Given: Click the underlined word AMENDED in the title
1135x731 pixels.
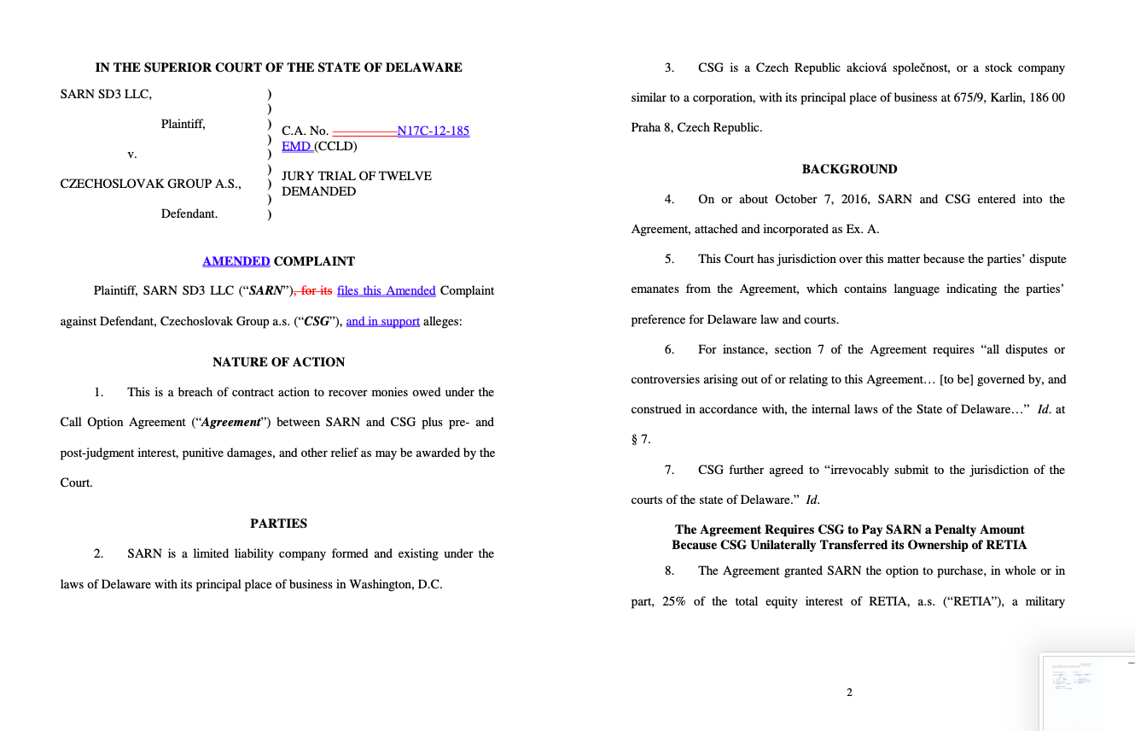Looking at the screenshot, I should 236,261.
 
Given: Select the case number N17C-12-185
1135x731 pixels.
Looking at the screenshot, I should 434,131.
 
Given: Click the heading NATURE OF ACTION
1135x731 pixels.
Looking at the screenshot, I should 279,362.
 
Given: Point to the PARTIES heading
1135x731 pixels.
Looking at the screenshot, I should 279,523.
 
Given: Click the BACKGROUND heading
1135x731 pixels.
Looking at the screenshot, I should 849,169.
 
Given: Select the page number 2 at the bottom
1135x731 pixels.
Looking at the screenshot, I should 849,693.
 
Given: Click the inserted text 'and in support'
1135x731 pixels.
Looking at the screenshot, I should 383,321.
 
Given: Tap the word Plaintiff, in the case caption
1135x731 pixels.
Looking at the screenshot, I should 183,124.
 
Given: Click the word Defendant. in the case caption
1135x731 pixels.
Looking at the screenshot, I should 189,213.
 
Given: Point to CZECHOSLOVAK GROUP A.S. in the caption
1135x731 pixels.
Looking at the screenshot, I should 151,184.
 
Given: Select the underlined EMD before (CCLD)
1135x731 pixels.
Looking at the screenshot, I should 296,146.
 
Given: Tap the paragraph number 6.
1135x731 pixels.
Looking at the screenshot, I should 669,349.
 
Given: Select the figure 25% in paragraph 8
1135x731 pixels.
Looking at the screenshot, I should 673,601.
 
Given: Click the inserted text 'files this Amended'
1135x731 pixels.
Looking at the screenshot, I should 387,290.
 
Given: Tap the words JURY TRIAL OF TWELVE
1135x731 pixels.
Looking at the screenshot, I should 357,176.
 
